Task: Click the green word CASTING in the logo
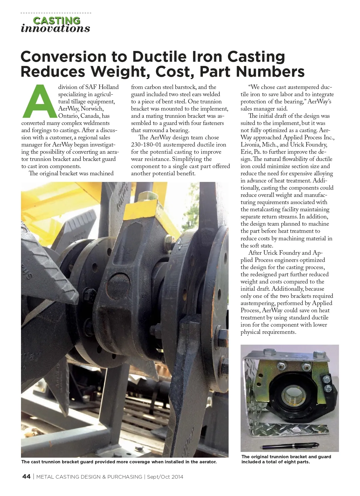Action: pos(56,21)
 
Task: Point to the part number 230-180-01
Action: pos(146,145)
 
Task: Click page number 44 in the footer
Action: pos(26,477)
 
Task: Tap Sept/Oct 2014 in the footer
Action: pos(165,477)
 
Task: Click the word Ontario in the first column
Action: pos(68,116)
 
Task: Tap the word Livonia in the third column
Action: pos(250,145)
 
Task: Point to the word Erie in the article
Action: pos(246,152)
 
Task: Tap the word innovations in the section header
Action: pos(55,28)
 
